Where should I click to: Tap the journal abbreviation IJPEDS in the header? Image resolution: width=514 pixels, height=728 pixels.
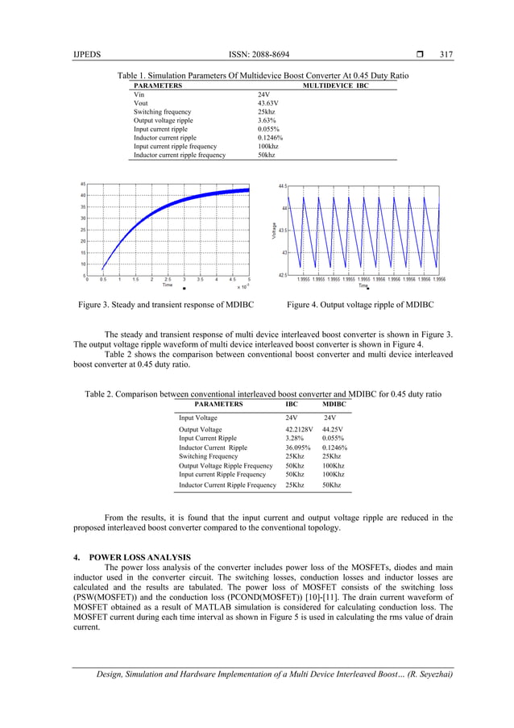pos(85,55)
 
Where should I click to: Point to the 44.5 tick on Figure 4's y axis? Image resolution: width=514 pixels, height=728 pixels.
pos(282,185)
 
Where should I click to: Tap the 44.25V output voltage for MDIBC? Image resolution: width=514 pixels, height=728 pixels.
pos(333,430)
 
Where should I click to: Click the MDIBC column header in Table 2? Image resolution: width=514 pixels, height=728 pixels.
pos(334,404)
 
